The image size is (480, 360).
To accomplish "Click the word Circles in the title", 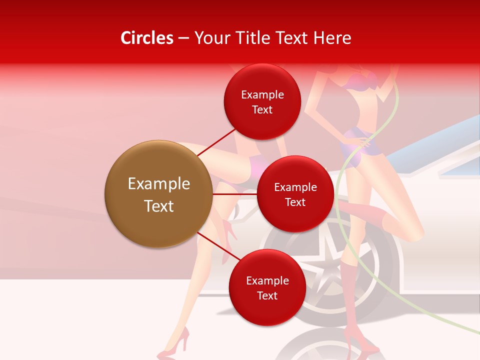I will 147,38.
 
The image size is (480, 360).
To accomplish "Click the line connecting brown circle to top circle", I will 217,142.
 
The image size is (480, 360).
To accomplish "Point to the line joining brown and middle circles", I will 235,193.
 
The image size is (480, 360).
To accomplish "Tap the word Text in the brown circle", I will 159,206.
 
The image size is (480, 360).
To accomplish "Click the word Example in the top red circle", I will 262,95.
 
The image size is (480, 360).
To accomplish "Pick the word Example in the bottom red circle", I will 267,281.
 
